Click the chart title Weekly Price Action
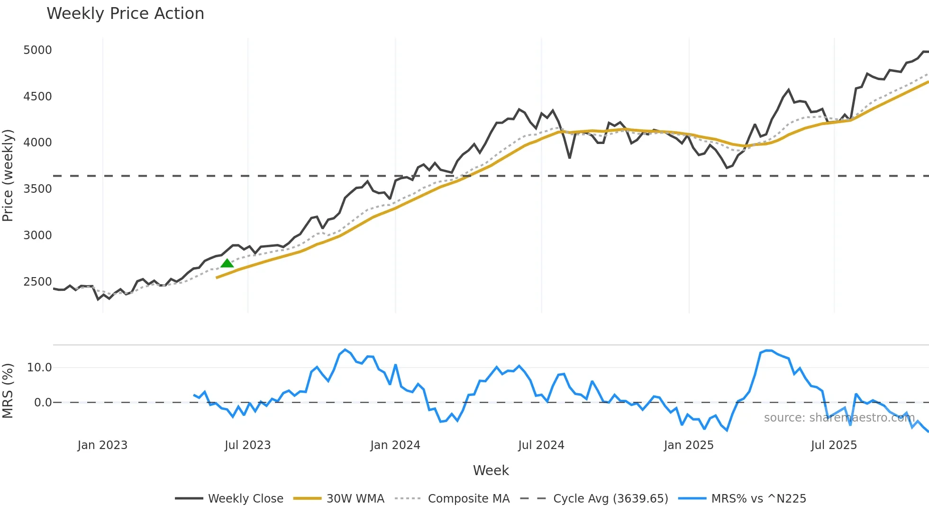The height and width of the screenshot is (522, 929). click(125, 14)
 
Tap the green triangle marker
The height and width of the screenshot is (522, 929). click(227, 264)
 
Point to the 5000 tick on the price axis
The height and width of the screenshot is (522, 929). click(37, 50)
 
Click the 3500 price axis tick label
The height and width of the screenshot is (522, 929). click(37, 189)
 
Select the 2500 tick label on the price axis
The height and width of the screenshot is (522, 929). click(37, 282)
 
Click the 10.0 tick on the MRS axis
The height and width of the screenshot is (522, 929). click(39, 368)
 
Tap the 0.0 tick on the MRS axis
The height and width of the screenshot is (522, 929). click(43, 403)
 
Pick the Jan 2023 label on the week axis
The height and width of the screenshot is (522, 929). click(102, 445)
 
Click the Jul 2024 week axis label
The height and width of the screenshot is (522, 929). click(541, 445)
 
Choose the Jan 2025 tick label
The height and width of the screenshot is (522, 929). click(688, 445)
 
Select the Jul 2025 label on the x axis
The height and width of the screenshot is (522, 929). click(834, 445)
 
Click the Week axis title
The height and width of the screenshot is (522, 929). click(491, 470)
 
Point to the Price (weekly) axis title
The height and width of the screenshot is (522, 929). click(8, 175)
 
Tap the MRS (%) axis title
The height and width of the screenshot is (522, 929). click(8, 391)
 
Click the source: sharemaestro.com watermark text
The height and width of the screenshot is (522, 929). click(839, 418)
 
